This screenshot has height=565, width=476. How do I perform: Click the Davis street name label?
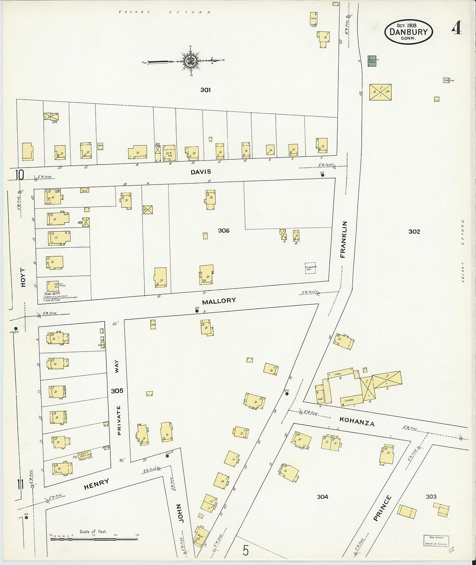[201, 172]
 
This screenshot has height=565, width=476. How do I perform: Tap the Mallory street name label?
[219, 300]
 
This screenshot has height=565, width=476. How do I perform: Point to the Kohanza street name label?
[357, 422]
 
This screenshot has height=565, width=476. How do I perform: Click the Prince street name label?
[383, 508]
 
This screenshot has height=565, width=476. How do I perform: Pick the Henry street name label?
[96, 484]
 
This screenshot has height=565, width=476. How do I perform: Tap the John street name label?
[181, 513]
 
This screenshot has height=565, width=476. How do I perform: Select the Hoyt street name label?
[23, 277]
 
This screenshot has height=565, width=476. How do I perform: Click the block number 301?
[205, 90]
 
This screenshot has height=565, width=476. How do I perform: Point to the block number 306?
[224, 231]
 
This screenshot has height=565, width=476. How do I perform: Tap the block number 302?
[414, 232]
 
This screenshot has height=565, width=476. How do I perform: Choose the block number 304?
[322, 497]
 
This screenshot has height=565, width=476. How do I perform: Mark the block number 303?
[431, 497]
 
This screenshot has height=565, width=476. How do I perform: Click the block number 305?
[117, 391]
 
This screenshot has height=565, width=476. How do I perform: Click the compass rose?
[190, 61]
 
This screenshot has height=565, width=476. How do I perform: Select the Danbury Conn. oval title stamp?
[408, 32]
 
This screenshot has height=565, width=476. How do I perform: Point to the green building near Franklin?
[372, 61]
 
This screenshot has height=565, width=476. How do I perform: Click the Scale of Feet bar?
[93, 539]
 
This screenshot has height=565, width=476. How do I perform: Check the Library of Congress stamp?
[436, 540]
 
